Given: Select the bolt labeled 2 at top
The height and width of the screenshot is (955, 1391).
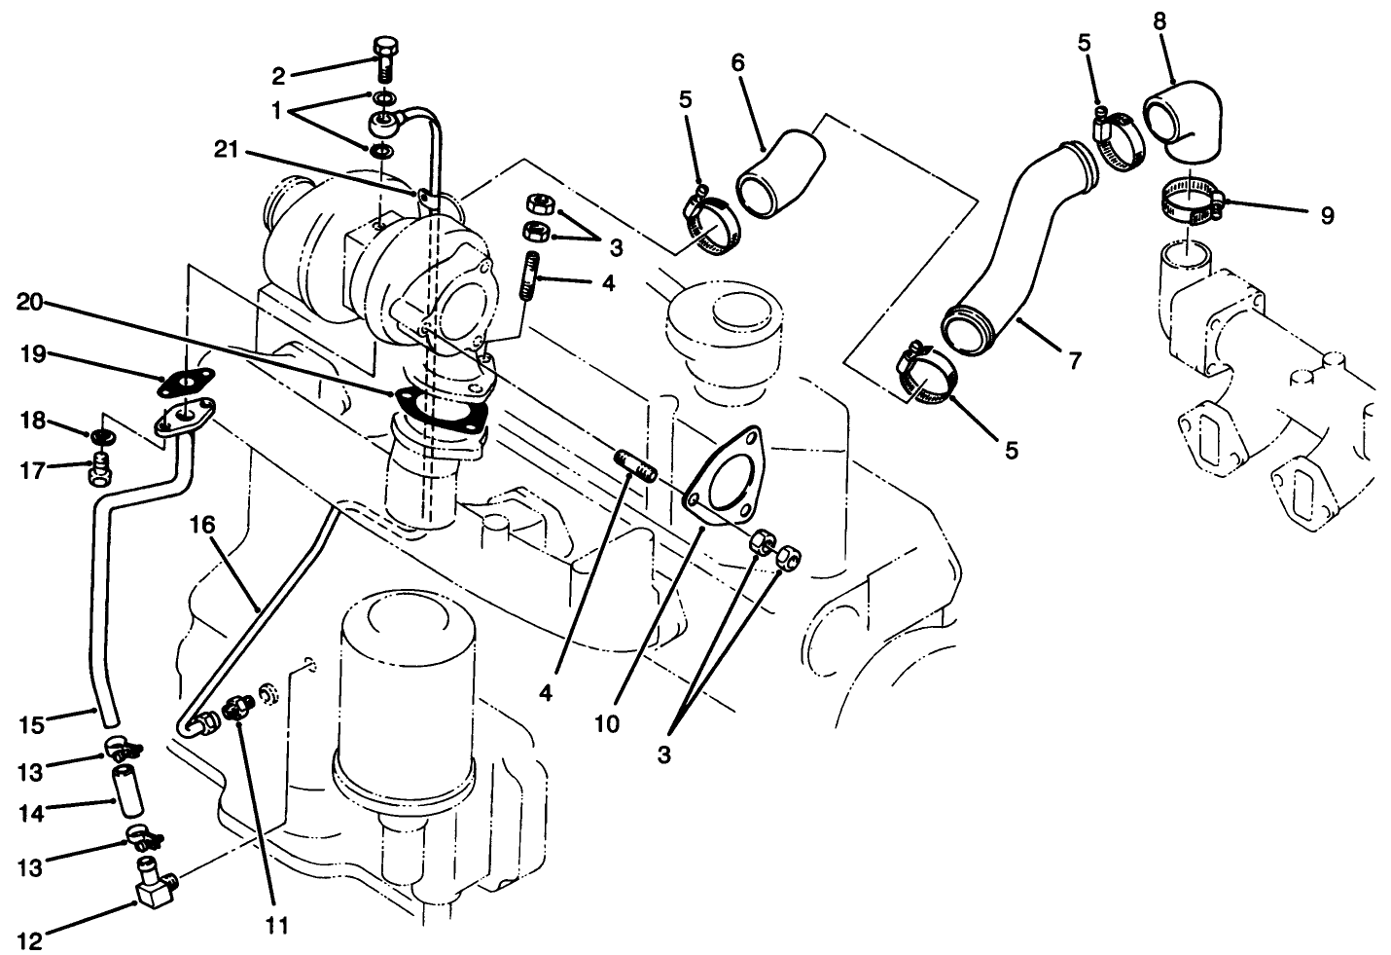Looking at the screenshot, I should [385, 57].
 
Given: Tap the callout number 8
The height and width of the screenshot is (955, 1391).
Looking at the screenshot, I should [1160, 19].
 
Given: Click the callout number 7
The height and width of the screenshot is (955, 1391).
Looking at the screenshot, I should [1074, 360].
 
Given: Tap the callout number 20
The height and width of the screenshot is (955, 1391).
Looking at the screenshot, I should [29, 303].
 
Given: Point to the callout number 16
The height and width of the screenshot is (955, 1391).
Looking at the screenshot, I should [202, 527].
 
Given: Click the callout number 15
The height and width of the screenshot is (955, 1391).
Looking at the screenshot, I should [32, 724].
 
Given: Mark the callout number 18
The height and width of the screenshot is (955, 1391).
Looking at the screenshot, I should [31, 420].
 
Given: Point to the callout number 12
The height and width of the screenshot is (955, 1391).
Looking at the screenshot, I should [28, 941].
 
